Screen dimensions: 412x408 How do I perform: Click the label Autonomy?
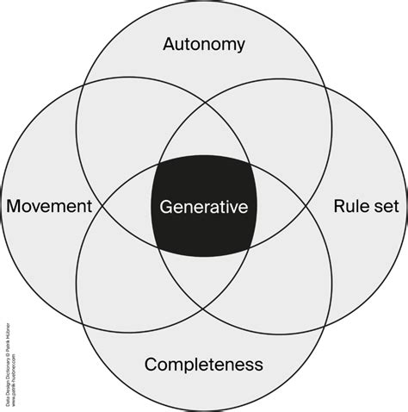[204, 43]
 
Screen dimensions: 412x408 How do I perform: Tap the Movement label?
[48, 207]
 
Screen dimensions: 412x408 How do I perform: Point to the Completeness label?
[204, 364]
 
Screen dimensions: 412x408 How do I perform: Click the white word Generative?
[204, 207]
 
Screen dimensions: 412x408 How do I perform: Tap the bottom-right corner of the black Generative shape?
[250, 249]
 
